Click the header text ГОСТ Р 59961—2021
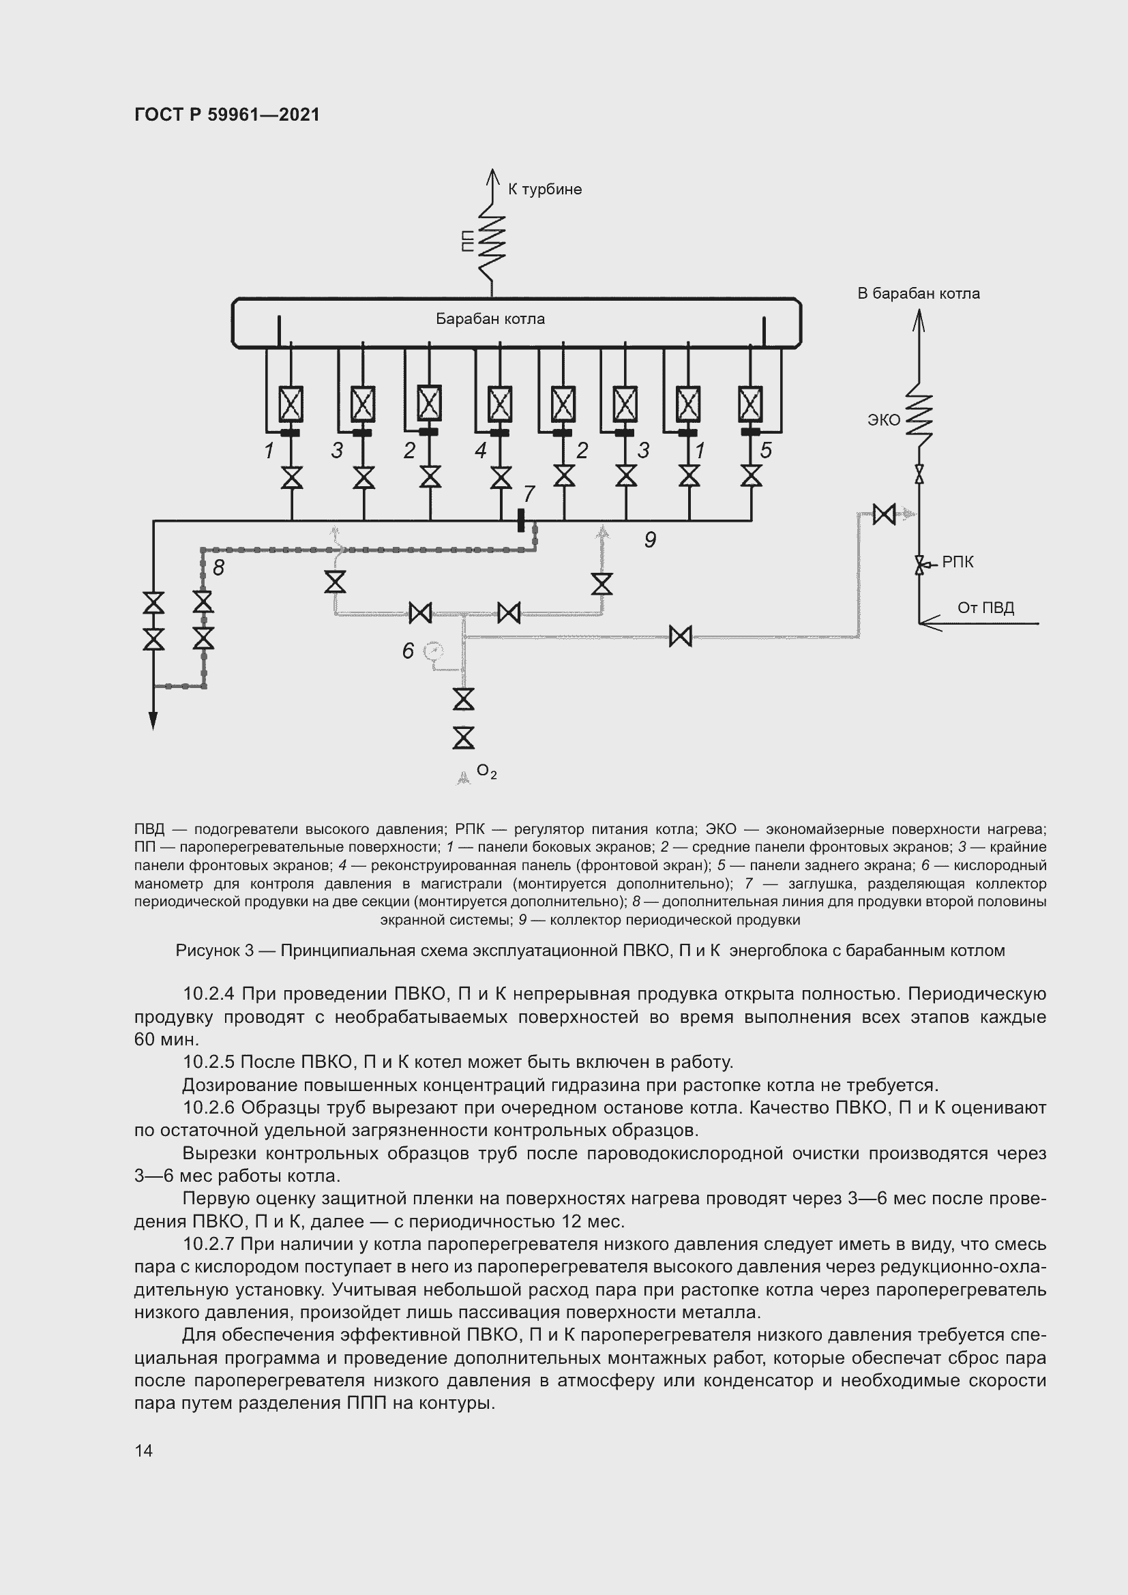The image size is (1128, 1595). (227, 115)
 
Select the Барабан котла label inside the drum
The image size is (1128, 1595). (490, 319)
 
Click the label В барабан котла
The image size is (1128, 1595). (917, 293)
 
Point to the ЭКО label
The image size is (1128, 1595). (883, 419)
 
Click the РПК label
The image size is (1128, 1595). (958, 562)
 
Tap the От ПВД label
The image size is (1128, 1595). (985, 608)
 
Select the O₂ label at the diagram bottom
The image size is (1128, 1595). (486, 772)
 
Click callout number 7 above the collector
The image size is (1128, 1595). (529, 493)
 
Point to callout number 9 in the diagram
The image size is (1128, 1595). (650, 539)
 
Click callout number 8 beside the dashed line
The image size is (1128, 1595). (219, 567)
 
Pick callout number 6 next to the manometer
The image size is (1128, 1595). (409, 651)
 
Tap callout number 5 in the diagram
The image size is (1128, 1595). (765, 450)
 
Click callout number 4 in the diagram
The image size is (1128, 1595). (481, 451)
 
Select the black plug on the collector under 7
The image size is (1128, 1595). (521, 520)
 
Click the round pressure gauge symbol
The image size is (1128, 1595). (434, 651)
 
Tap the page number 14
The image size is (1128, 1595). (144, 1450)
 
